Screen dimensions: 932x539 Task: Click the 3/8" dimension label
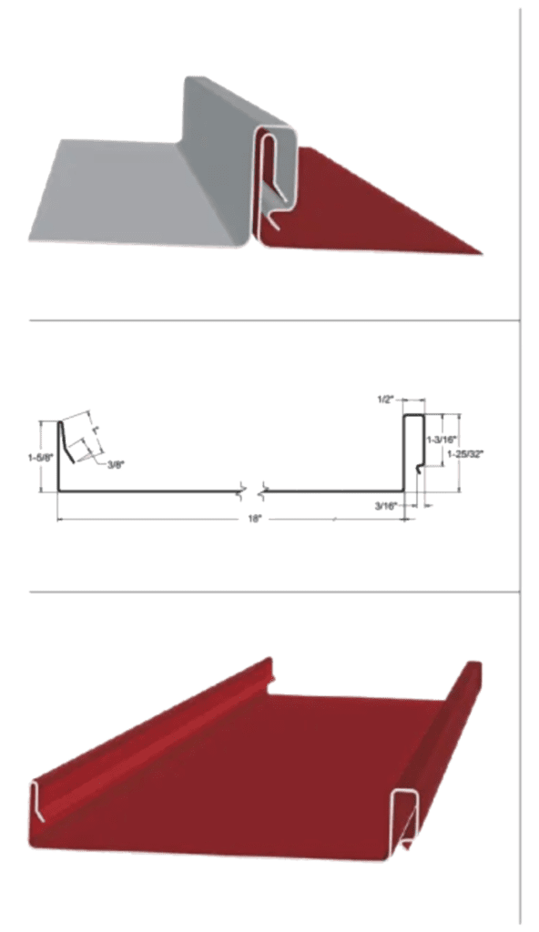coord(116,465)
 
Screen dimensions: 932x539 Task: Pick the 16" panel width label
coord(257,520)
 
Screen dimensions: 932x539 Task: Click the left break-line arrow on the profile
coord(242,491)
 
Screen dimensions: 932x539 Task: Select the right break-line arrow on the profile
coord(263,491)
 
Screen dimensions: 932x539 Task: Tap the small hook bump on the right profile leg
coord(419,467)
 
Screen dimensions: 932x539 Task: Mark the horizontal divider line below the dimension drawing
coord(273,593)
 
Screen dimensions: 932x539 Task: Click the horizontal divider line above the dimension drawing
coord(273,320)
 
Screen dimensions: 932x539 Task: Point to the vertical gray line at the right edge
coord(519,455)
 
